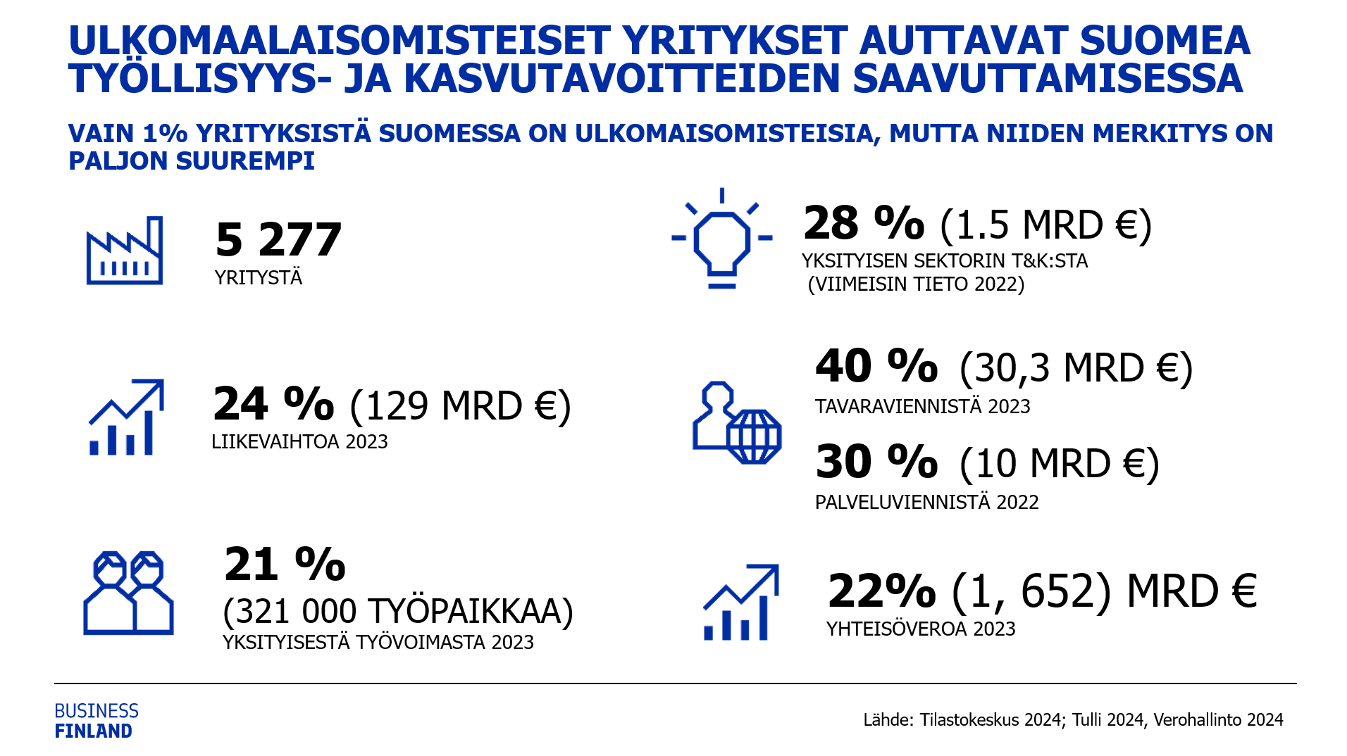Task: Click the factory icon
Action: tap(125, 251)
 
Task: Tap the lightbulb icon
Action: tap(721, 239)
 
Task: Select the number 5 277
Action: tap(278, 240)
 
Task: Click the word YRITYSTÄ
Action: tap(259, 278)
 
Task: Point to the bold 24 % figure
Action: tap(273, 404)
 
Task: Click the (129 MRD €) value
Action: tap(460, 406)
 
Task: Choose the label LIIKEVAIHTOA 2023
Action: tap(299, 442)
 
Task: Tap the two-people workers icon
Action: tap(128, 593)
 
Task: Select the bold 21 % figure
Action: tap(285, 565)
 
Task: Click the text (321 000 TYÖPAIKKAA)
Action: tap(398, 611)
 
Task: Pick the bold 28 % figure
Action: tap(864, 224)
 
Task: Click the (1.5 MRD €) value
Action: tap(1046, 226)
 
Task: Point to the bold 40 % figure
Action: tap(876, 367)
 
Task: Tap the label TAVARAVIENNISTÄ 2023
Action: tap(922, 407)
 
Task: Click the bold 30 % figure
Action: tap(876, 462)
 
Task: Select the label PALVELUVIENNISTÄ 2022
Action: tap(926, 503)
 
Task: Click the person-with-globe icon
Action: tap(737, 423)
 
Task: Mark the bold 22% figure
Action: tap(881, 591)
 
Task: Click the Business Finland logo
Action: tap(97, 721)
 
